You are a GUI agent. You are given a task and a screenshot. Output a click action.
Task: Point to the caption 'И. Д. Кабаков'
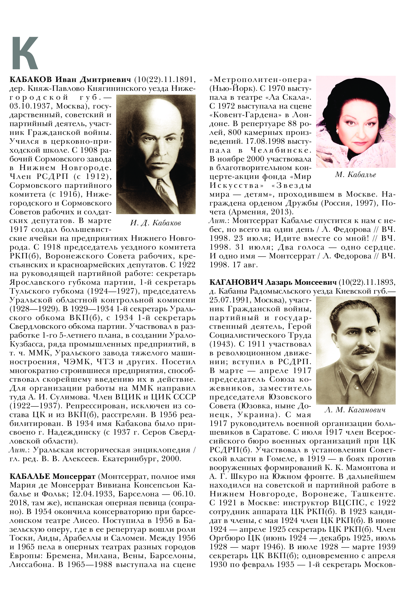[x=156, y=223]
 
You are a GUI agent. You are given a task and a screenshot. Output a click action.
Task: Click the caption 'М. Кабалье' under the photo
[x=355, y=175]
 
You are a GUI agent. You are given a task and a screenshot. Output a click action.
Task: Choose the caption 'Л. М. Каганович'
[x=355, y=410]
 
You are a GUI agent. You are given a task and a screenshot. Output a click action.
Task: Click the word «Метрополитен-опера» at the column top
[x=260, y=80]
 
